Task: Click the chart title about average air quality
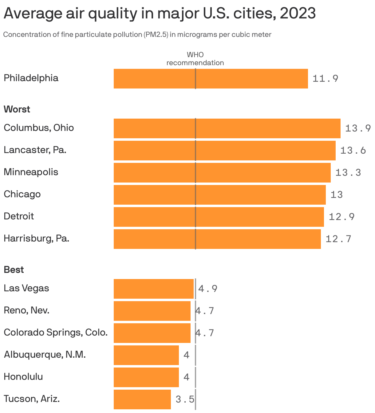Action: (159, 14)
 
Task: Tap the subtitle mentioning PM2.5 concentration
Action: (137, 34)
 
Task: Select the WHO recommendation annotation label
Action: (195, 59)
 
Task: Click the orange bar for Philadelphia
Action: (211, 79)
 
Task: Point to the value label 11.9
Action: (325, 79)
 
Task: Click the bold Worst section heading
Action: (17, 109)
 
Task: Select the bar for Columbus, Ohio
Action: (227, 128)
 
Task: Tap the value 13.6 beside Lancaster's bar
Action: (353, 151)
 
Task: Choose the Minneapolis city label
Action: (31, 172)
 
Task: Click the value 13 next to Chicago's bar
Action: (336, 195)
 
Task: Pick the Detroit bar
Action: (219, 217)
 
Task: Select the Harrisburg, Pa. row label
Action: (36, 238)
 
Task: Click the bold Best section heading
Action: (14, 270)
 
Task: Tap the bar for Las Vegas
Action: (153, 289)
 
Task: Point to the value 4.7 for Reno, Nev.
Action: (205, 311)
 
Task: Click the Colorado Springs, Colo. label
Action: (56, 332)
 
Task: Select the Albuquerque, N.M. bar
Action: (146, 355)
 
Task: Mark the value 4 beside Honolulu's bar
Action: (186, 377)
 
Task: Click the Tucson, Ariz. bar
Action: (142, 399)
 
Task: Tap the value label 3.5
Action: (185, 399)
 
